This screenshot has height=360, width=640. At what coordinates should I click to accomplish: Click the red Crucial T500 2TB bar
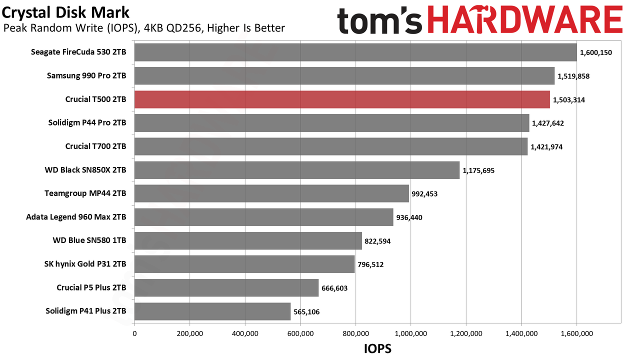coord(342,99)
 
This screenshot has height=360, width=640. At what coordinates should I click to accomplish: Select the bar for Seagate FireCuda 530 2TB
coord(355,52)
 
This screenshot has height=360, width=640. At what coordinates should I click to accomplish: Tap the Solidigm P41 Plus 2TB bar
coord(212,311)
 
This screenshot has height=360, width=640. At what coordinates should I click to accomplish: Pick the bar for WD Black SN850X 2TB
coord(297,170)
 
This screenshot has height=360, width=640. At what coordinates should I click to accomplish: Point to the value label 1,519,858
coord(573,76)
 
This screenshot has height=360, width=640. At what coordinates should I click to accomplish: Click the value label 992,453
coord(424,194)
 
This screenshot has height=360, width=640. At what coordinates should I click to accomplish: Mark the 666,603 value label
coord(334,288)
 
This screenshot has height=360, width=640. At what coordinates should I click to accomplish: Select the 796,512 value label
coord(370,264)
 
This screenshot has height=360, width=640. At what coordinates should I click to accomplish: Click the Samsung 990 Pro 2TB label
coord(86,75)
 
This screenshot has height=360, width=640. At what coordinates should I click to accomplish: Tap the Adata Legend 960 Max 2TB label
coord(76,217)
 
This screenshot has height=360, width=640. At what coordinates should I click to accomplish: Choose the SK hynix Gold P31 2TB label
coord(85,264)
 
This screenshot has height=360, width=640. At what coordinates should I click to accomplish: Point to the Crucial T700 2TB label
coord(95,146)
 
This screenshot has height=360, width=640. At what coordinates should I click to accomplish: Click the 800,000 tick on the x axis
coord(355,333)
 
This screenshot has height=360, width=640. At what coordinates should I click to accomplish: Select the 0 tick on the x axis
coord(134,333)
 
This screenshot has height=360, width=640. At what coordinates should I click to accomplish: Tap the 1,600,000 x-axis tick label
coord(576,333)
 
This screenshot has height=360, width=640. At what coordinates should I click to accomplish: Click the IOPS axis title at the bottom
coord(377,349)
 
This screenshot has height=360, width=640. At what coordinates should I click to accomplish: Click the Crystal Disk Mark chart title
coord(65,13)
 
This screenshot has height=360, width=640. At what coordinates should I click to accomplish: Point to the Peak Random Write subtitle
coord(144,28)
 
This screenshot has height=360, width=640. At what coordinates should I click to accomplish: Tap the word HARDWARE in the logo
coord(525,19)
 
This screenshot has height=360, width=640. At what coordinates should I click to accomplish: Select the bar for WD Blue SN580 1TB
coord(248,241)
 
